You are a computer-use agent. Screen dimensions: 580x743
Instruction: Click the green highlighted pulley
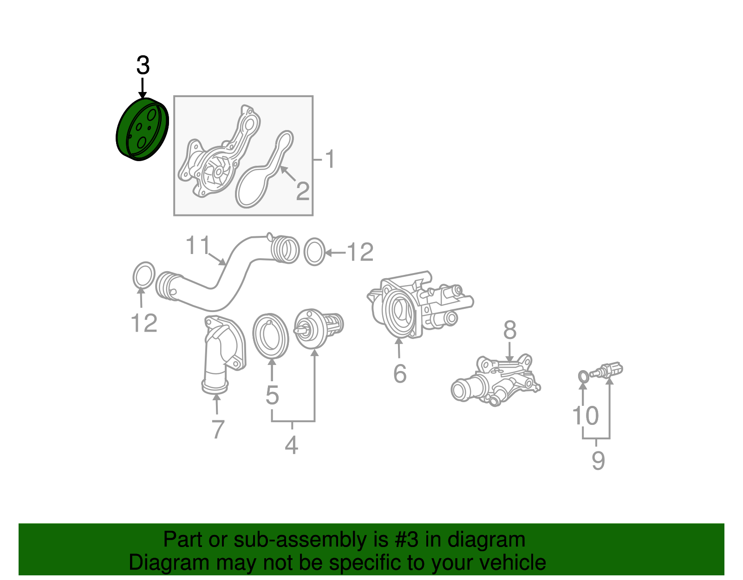coord(142,130)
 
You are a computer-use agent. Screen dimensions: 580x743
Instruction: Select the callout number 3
coord(143,65)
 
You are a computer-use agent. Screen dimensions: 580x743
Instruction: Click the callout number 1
coord(330,159)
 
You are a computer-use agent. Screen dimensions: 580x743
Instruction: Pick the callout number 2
coord(303,191)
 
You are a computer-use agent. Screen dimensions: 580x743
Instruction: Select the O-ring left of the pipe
coord(143,276)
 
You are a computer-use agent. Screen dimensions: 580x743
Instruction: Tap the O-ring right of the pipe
coord(314,252)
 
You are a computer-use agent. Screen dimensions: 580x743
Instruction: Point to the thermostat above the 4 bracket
coord(318,328)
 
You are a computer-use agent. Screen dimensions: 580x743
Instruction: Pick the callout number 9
coord(598,461)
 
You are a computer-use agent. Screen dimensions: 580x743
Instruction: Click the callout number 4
coord(291,445)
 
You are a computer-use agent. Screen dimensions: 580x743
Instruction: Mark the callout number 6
coord(400,373)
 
